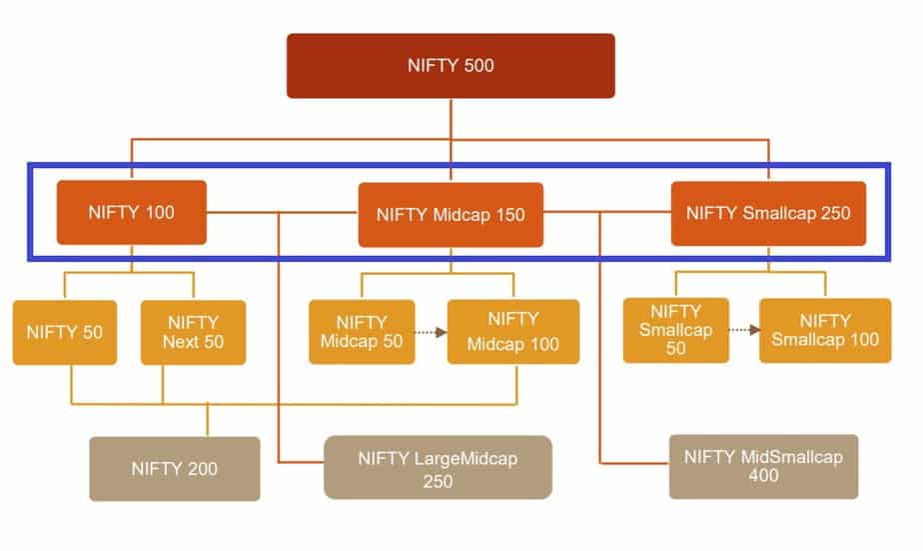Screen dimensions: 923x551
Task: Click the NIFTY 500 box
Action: point(451,65)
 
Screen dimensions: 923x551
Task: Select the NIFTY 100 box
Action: point(131,212)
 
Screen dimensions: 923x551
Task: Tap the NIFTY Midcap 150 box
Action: point(451,215)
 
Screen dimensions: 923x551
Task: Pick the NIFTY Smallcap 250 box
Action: point(768,213)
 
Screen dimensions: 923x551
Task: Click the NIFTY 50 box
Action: point(65,332)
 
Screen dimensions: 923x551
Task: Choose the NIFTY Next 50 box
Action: point(193,332)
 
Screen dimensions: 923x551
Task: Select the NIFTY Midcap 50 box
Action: point(362,332)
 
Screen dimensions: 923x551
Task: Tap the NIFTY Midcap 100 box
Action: point(513,331)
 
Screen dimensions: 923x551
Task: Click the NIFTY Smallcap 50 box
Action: point(675,330)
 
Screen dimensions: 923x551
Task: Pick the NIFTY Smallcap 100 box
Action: point(825,330)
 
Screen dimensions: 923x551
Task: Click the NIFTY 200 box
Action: point(175,469)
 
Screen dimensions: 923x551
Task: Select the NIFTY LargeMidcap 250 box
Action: point(438,467)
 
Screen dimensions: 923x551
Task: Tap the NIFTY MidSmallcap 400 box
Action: point(763,466)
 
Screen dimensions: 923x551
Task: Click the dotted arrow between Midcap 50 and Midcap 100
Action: point(431,332)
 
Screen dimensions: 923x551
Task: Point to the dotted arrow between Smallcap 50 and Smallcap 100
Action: point(744,330)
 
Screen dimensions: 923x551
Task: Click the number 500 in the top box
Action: point(478,65)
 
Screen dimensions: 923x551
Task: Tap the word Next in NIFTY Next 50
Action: point(181,342)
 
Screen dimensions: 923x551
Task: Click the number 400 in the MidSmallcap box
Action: point(763,475)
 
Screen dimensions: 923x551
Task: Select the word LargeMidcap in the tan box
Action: point(465,458)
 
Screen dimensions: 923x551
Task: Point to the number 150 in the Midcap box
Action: point(509,215)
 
